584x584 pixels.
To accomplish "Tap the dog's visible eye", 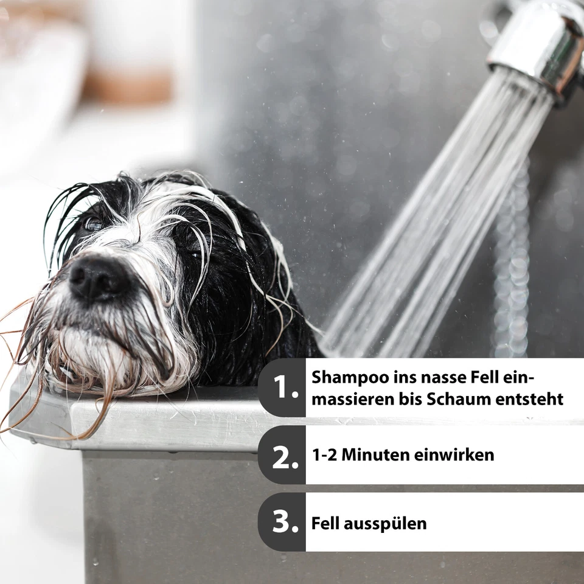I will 93,224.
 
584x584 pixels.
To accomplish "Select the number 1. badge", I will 282,388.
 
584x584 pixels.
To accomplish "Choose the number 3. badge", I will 282,522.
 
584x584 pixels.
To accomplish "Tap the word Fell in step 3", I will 327,523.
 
